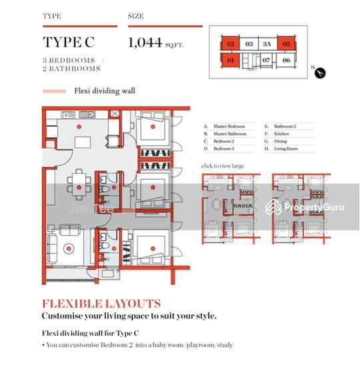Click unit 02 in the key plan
pyautogui.click(x=231, y=44)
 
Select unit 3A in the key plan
pyautogui.click(x=267, y=44)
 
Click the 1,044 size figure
pyautogui.click(x=145, y=43)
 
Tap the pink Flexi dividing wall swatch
pyautogui.click(x=54, y=91)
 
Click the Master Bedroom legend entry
pyautogui.click(x=229, y=126)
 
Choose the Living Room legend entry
pyautogui.click(x=287, y=148)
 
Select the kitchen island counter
pyautogui.click(x=83, y=142)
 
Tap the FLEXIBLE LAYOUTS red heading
pyautogui.click(x=101, y=304)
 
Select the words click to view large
pyautogui.click(x=223, y=165)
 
